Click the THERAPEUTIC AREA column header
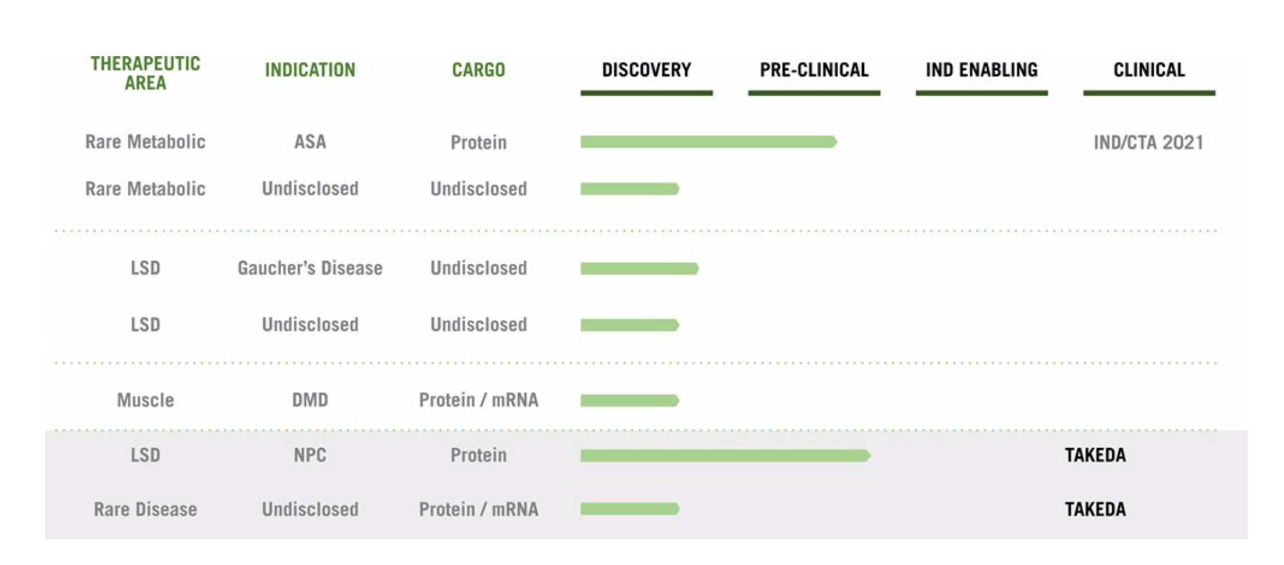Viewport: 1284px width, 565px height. coord(145,73)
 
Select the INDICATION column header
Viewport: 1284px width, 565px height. coord(310,70)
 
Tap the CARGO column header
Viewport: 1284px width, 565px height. coord(478,70)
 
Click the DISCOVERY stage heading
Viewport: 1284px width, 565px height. coord(647,70)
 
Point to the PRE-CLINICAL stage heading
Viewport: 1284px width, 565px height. coord(814,70)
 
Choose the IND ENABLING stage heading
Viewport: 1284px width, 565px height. coord(982,70)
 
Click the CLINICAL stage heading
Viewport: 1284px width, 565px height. coord(1149,70)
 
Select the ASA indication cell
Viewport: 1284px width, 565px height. coord(310,142)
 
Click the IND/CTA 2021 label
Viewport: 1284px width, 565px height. coord(1149,143)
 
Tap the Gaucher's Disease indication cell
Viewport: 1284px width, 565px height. coord(310,268)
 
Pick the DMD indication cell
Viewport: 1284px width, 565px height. coord(310,400)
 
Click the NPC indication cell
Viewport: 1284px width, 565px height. coord(310,455)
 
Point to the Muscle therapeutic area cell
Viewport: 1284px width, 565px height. coord(145,400)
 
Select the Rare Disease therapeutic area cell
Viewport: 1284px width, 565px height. coord(145,509)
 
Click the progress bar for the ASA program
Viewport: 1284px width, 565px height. coord(708,142)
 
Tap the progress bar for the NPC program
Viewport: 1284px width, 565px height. coord(725,455)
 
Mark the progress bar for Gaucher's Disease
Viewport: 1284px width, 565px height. coord(639,268)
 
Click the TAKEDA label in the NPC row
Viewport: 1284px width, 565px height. coord(1095,455)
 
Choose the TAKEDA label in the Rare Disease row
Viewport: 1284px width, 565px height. coord(1095,510)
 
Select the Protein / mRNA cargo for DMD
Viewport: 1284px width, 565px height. coord(478,400)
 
